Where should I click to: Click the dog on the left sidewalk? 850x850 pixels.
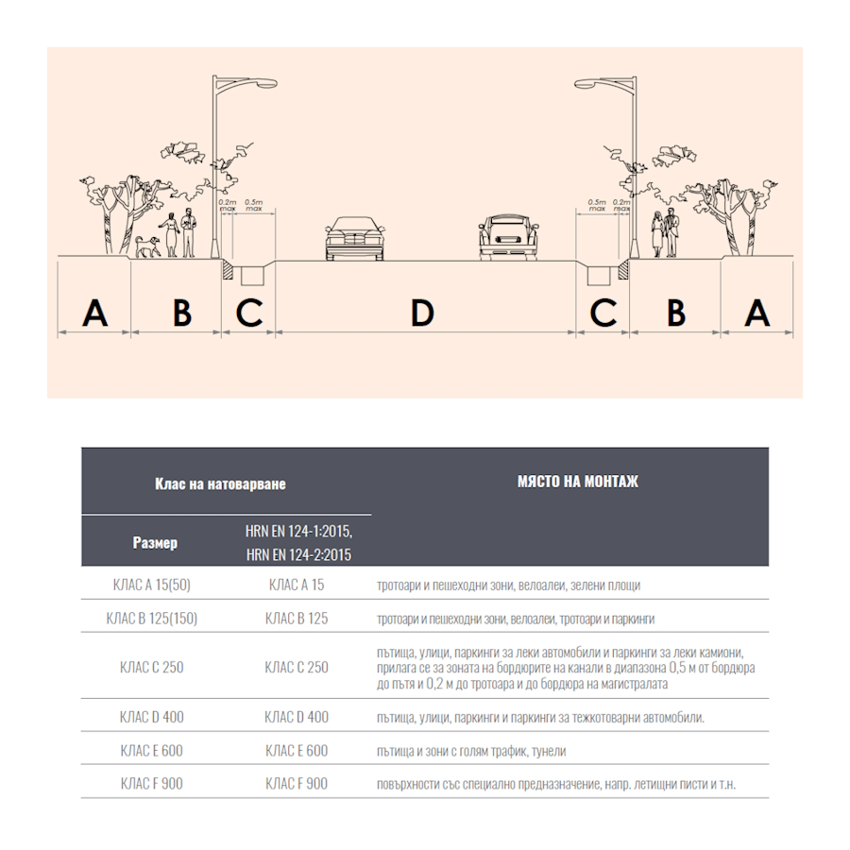click(147, 246)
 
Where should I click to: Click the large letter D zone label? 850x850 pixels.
click(422, 313)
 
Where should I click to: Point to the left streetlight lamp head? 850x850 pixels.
click(266, 83)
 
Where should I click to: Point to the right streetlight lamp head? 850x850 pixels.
click(586, 83)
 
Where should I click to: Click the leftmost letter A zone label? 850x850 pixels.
click(94, 313)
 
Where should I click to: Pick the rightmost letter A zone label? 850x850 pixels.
click(757, 313)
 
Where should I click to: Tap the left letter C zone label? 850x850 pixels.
click(249, 313)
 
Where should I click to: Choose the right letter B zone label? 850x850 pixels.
click(676, 313)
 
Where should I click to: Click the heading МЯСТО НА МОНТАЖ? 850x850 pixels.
click(578, 482)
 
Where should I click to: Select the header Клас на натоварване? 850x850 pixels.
click(220, 484)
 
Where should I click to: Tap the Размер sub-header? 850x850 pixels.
click(155, 543)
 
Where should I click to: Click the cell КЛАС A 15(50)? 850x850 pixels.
click(152, 585)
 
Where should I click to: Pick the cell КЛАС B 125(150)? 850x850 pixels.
click(152, 619)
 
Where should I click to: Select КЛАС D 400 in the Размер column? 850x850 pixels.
click(152, 717)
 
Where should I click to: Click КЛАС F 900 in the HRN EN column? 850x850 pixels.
click(297, 784)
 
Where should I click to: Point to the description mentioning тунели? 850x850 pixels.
click(471, 751)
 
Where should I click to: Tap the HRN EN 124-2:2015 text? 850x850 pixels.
click(298, 555)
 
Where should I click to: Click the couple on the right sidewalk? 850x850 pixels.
click(665, 233)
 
